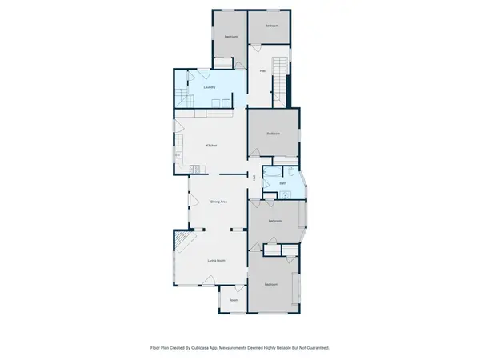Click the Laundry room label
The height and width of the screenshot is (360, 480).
click(x=210, y=87)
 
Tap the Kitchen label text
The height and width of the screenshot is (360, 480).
click(x=212, y=145)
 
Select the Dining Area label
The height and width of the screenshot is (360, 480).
click(x=218, y=202)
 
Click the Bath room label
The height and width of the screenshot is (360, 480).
click(x=283, y=183)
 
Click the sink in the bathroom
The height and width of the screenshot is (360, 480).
click(x=283, y=193)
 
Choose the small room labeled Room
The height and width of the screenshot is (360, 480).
click(x=234, y=300)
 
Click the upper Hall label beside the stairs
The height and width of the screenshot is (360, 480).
click(x=262, y=71)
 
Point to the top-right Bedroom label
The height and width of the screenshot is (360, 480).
click(x=272, y=26)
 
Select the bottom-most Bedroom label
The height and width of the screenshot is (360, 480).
click(x=272, y=284)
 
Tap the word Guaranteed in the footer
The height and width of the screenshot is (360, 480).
click(x=317, y=348)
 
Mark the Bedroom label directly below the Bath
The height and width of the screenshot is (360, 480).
click(x=275, y=221)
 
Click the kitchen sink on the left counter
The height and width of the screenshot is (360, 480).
click(x=181, y=145)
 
